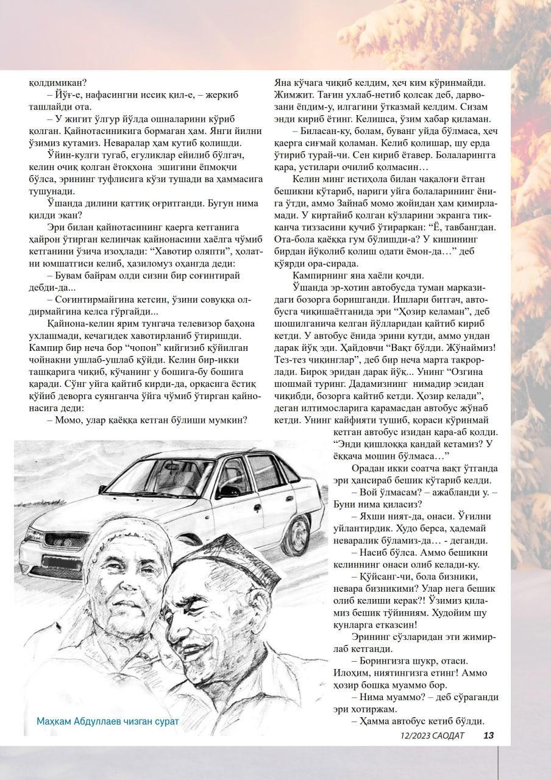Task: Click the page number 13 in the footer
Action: coord(488,736)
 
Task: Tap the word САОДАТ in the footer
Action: coord(447,736)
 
